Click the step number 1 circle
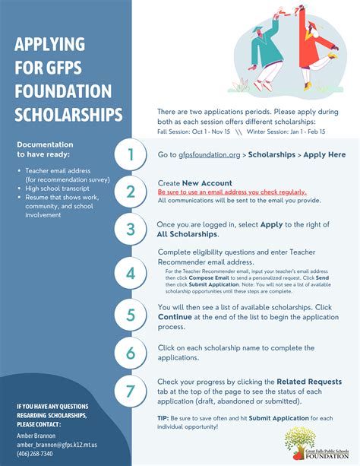(131, 155)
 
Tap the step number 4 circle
(131, 273)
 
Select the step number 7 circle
(131, 392)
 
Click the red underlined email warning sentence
(232, 193)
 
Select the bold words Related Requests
(309, 381)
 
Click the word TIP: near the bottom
(164, 419)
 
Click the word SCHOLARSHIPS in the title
(68, 116)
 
